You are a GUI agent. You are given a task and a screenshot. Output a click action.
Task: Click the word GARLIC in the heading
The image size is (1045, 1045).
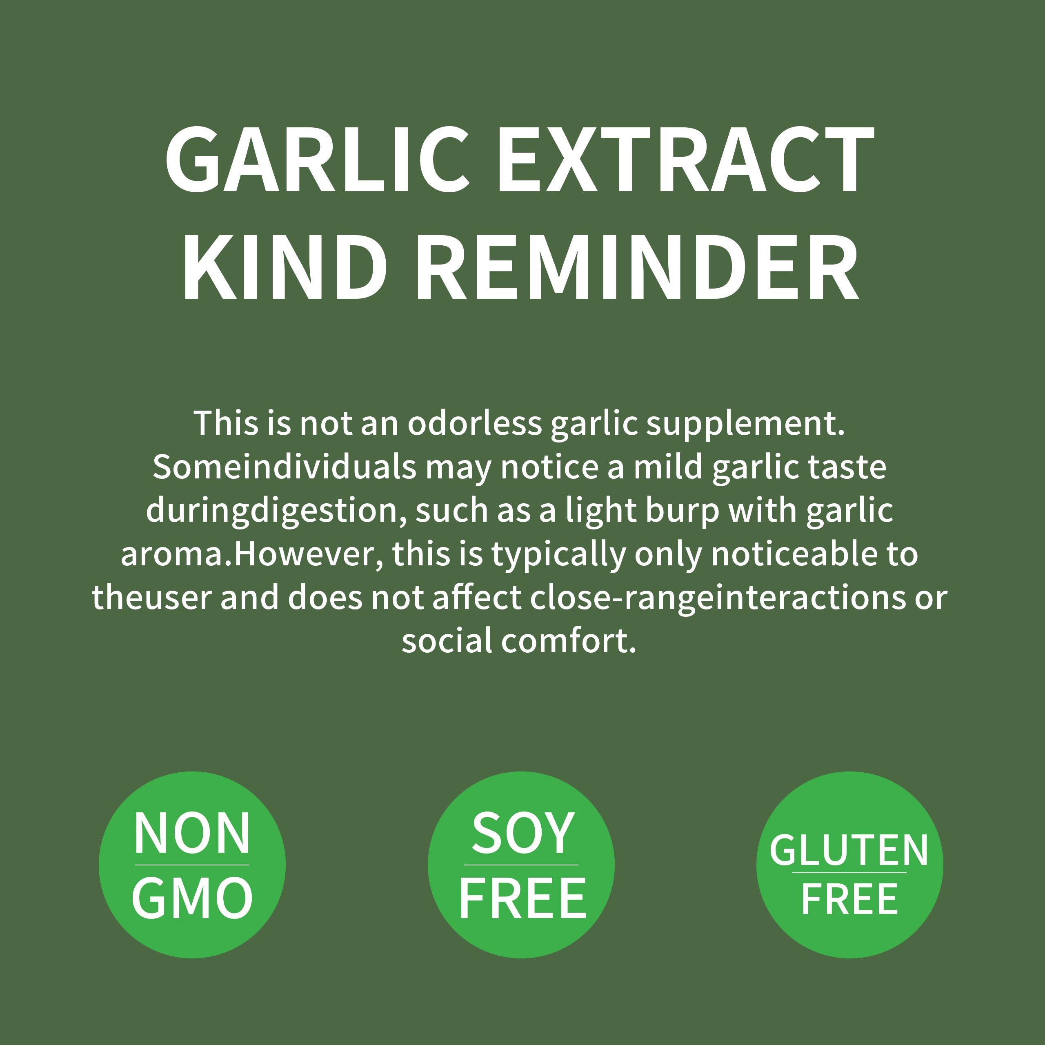click(x=316, y=160)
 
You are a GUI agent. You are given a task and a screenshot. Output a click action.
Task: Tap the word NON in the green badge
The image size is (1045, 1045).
click(x=192, y=834)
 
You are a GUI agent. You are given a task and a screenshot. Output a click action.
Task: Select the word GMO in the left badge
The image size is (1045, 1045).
click(x=192, y=898)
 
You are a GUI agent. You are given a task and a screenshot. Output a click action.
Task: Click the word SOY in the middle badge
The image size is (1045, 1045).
click(x=522, y=834)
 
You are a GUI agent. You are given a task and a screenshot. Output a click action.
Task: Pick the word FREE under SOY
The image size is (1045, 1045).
click(x=522, y=898)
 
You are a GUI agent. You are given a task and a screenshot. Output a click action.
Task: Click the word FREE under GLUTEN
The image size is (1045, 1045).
click(x=849, y=899)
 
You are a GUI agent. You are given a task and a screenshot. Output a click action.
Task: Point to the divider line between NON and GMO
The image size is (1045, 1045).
click(x=192, y=865)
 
